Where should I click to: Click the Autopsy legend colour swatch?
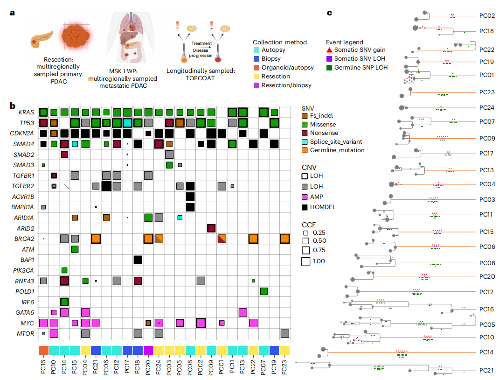click(256, 50)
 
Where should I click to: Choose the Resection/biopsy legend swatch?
click(256, 85)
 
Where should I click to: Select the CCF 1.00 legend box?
click(306, 261)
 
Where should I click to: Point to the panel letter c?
click(329, 13)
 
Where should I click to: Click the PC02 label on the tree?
click(487, 15)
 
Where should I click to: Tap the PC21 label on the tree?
click(487, 370)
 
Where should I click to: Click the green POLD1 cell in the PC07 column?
click(263, 291)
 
